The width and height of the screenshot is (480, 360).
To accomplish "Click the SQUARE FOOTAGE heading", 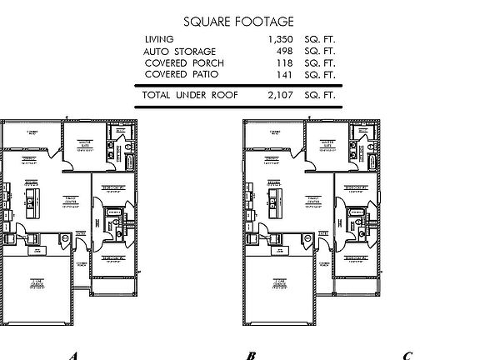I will click(237, 21).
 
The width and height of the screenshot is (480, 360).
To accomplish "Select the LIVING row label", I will click(159, 39).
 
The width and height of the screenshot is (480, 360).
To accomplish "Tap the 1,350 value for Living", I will click(281, 39).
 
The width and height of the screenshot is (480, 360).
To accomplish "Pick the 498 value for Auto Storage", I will click(285, 51).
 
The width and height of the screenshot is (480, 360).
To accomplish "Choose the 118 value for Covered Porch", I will click(285, 62).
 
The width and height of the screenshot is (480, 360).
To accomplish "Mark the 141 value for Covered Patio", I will click(285, 74).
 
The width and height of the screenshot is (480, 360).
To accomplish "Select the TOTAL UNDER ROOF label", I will click(190, 96).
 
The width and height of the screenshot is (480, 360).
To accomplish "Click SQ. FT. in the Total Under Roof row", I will click(322, 96).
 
